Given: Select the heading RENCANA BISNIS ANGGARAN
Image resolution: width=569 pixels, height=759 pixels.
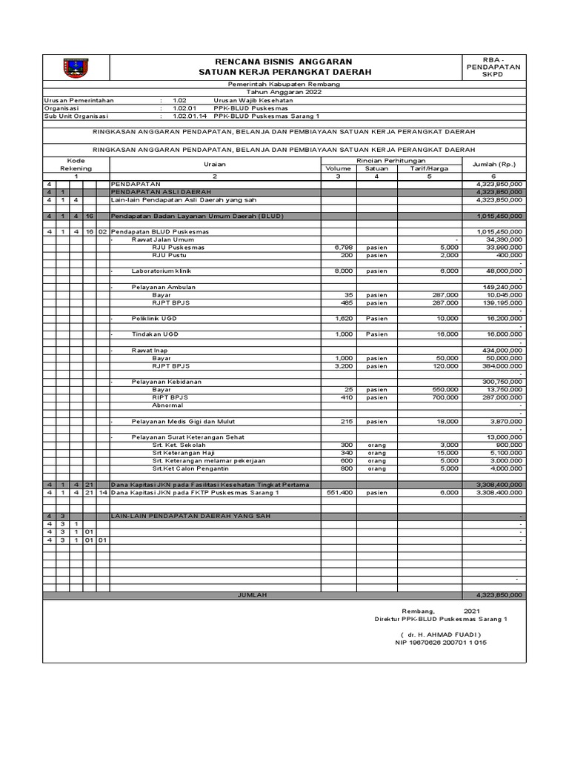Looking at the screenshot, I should point(284,61).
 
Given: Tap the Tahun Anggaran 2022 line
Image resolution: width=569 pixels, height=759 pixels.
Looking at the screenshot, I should point(284,93).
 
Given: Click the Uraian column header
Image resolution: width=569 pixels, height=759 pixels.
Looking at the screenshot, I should point(215,164).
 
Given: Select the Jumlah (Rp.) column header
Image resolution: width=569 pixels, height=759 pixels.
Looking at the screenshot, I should point(493,164).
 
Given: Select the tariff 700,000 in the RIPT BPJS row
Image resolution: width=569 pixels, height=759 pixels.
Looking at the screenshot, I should point(445,397).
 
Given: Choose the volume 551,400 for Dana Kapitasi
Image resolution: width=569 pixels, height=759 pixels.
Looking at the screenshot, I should point(342,492).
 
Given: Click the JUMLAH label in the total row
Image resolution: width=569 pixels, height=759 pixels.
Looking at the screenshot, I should point(252,594).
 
